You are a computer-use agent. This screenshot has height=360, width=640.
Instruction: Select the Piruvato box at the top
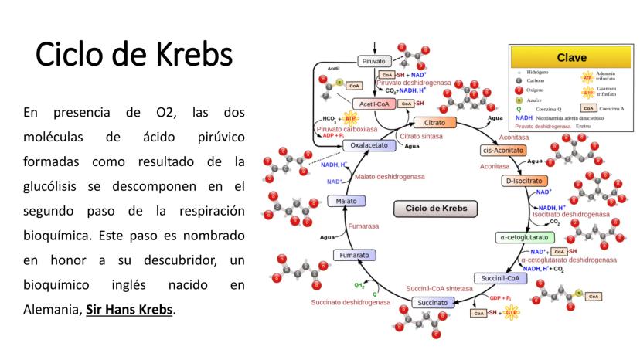[372, 61]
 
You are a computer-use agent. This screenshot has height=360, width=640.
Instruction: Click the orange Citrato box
[434, 122]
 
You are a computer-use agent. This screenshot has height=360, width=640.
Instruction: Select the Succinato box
[434, 303]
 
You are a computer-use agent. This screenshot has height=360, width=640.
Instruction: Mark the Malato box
[342, 201]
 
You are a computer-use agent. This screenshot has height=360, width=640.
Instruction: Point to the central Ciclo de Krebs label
[436, 209]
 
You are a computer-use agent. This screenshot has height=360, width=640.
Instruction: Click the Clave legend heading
[571, 57]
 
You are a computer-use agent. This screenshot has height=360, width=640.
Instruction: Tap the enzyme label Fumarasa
[363, 226]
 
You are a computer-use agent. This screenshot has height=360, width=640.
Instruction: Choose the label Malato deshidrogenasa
[390, 176]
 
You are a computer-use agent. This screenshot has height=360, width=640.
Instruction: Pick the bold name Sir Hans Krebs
[131, 310]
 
